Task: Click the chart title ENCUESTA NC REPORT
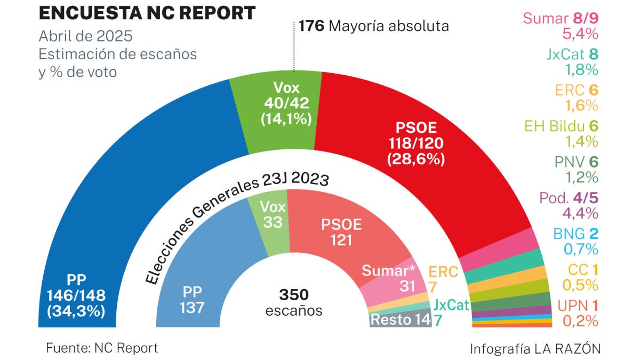(x=147, y=13)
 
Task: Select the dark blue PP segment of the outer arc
(x=133, y=176)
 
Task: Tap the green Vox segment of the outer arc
(x=277, y=107)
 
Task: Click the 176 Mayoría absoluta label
(x=374, y=26)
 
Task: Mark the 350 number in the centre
(x=293, y=295)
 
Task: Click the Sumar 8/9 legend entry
(x=561, y=19)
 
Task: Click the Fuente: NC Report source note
(x=102, y=348)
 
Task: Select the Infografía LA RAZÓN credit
(x=535, y=349)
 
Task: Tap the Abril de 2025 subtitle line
(x=85, y=37)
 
